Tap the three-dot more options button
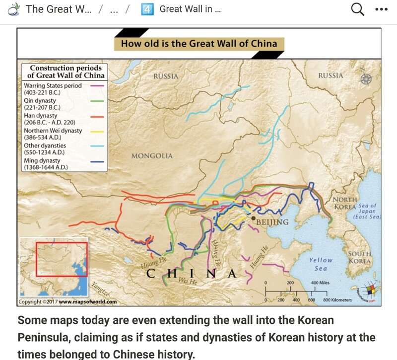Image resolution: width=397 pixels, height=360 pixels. click(381, 9)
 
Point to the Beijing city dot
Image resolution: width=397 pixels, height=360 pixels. click(254, 218)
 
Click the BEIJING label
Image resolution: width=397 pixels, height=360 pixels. click(273, 222)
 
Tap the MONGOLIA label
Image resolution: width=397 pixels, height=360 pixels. click(152, 156)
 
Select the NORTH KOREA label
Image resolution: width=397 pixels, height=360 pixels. click(344, 203)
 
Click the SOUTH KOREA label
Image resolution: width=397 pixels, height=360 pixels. click(360, 257)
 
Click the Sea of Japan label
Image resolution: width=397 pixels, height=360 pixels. click(367, 211)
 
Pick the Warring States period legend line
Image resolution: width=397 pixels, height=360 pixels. click(97, 86)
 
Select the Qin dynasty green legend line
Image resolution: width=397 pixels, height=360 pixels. click(97, 101)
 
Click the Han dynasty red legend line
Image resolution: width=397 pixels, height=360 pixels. click(97, 116)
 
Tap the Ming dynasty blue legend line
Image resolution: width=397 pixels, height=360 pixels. click(97, 161)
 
